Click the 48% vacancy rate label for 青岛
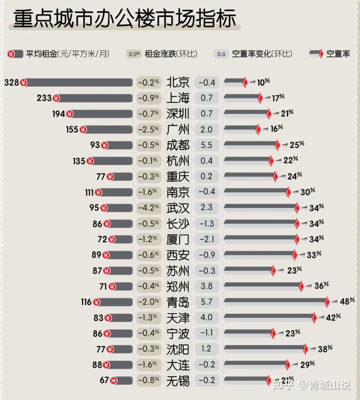[344, 302]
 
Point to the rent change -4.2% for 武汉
[148, 208]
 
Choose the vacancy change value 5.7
[206, 302]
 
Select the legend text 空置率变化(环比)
[262, 54]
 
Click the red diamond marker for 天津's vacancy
[314, 318]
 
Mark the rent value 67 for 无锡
[104, 380]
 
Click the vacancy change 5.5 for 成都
[206, 145]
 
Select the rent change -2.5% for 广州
[148, 130]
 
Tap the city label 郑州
[178, 286]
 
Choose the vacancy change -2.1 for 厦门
[206, 239]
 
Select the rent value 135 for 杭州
[79, 161]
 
